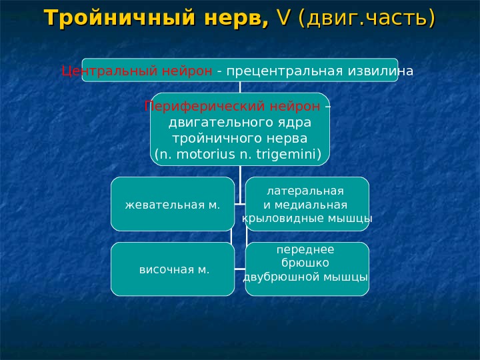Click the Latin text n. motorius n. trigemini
(x=239, y=156)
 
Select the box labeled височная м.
(x=172, y=269)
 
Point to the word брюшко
(x=306, y=263)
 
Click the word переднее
(x=306, y=250)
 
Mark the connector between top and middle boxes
(x=240, y=87)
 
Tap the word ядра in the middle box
(x=296, y=123)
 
